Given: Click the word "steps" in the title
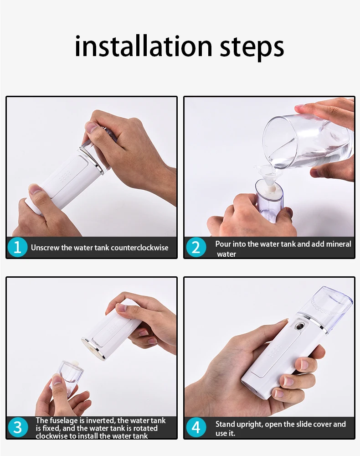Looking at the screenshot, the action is coord(252,48).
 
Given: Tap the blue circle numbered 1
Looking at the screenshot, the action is coord(17,248).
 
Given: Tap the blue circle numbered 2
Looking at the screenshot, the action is coord(196,248).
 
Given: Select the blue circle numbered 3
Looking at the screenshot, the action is coord(18,428).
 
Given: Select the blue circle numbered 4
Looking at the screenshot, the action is coord(196,428).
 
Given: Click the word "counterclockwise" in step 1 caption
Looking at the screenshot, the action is coord(140,248).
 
